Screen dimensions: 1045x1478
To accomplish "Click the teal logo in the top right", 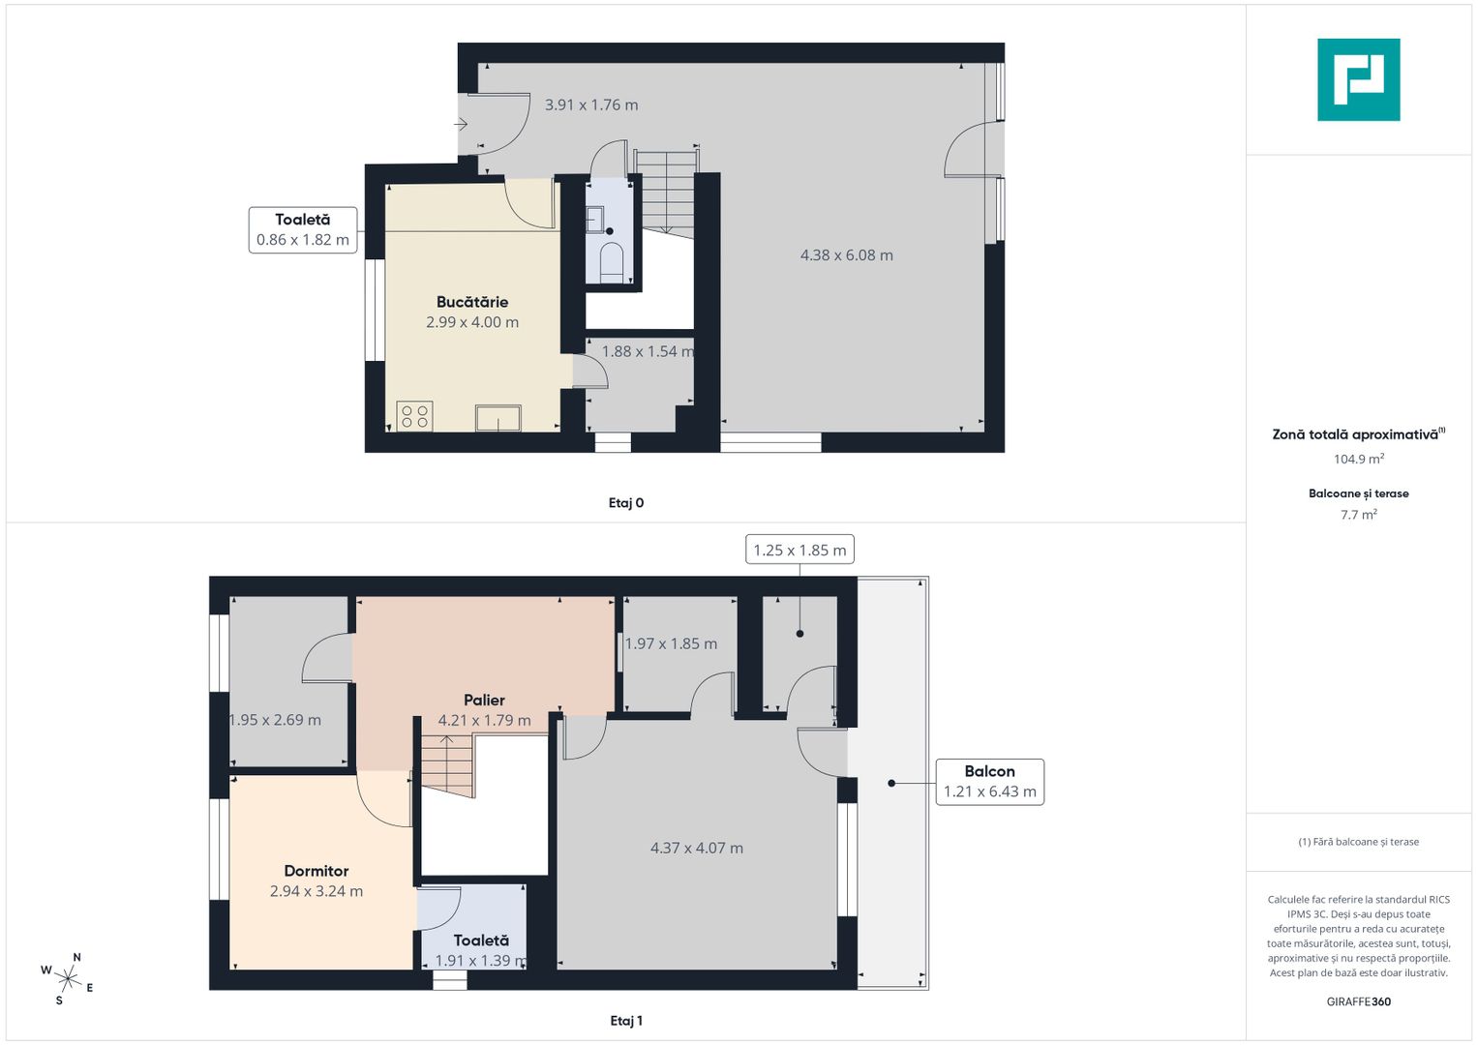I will point(1358,79).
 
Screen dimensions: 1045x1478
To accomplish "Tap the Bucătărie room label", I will point(472,302).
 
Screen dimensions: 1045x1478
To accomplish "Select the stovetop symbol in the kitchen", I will point(414,416).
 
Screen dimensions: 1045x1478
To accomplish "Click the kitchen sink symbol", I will point(498,418).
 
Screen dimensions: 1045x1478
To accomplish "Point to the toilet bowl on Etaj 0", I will point(611,261).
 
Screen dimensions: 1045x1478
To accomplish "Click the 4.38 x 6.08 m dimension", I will point(846,255).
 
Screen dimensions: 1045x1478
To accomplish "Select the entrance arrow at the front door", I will point(462,124).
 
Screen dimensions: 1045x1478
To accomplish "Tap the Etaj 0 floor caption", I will point(626,503).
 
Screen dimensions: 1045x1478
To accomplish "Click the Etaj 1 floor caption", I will point(626,1021).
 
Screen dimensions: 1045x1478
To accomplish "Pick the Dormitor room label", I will point(317,871).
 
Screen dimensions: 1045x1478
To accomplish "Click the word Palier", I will point(484,700).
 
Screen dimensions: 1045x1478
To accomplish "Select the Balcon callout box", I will point(989,782).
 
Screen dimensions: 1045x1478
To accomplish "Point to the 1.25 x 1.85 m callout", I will point(799,550).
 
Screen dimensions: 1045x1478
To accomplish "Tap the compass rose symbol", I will point(68,977).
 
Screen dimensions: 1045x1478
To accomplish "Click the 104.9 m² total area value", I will point(1359,460).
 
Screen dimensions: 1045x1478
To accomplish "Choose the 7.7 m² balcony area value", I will point(1359,515).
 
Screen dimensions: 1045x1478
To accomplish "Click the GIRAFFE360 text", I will point(1359,1001).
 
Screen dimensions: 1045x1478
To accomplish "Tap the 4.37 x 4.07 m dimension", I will point(697,849).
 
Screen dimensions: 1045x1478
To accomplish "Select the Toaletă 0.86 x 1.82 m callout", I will point(303,230).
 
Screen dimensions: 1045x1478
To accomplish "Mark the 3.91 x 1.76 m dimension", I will point(591,104).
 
